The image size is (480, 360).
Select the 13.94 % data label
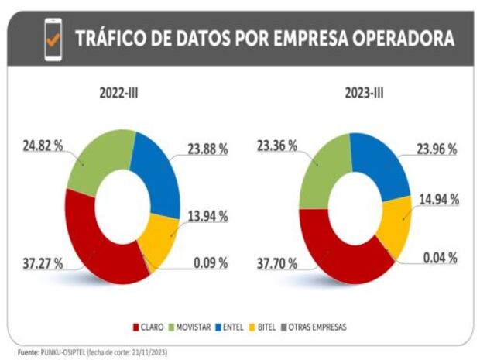207,218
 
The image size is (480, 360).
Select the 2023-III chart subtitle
363,94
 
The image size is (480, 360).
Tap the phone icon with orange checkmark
53,40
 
